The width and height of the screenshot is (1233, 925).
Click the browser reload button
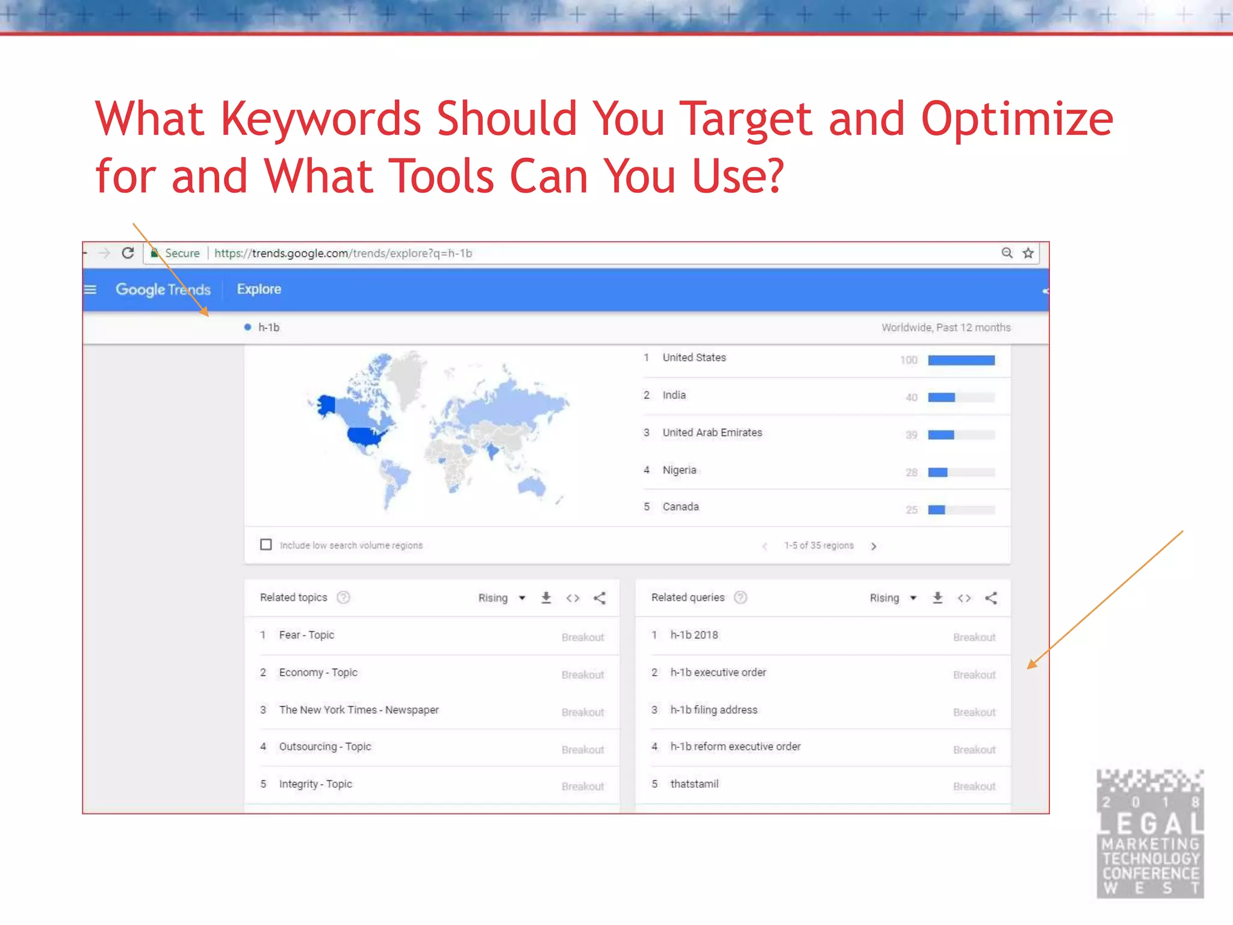[128, 253]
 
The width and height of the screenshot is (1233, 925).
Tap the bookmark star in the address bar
[1028, 253]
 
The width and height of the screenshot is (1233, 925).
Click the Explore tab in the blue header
[259, 289]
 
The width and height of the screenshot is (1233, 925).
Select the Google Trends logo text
[163, 290]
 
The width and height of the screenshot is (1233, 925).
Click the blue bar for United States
[961, 360]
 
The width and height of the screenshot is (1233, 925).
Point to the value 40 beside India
[912, 397]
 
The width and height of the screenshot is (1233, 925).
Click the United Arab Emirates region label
[712, 432]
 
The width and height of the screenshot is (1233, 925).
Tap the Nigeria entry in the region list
[679, 470]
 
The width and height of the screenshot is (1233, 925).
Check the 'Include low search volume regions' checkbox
[266, 544]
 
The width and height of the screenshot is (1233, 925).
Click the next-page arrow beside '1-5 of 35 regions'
[874, 546]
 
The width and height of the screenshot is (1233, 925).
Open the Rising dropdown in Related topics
[502, 598]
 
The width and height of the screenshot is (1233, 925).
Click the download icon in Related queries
[937, 597]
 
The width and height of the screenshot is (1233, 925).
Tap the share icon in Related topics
[600, 598]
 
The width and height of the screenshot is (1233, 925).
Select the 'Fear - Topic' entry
[306, 635]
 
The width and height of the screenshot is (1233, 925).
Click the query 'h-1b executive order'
[718, 672]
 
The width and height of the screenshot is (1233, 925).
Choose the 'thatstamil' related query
[694, 783]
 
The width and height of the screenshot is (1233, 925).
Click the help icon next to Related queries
[741, 597]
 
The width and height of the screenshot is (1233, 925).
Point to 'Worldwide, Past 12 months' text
[946, 328]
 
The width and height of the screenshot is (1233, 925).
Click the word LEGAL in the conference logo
[1150, 823]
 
